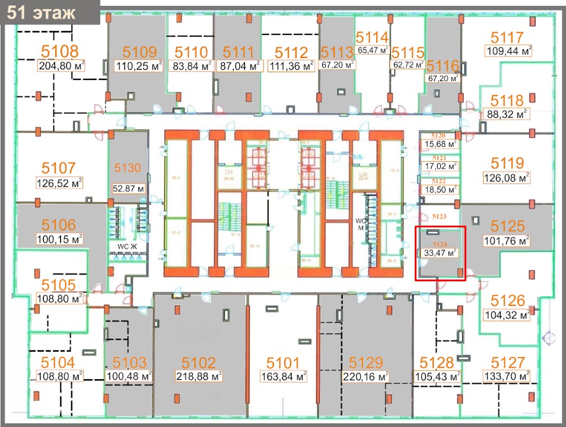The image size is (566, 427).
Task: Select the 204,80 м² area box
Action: click(x=61, y=66)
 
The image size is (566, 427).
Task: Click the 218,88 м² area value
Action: click(x=199, y=375)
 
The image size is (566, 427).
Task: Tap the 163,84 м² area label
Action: click(x=283, y=375)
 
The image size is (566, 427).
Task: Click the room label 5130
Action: click(x=127, y=168)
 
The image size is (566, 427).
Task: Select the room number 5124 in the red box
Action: click(x=440, y=243)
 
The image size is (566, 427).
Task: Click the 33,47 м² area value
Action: click(x=440, y=253)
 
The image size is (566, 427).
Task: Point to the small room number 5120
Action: click(x=439, y=136)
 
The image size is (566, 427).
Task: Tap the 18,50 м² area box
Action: click(x=440, y=190)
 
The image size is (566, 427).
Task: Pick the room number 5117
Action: click(x=507, y=37)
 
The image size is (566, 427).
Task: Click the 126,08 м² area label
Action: click(x=507, y=177)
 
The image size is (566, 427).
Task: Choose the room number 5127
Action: click(x=508, y=362)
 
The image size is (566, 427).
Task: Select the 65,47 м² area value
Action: click(x=372, y=50)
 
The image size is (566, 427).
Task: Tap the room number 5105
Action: click(x=59, y=285)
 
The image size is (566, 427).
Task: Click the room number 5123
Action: click(x=440, y=217)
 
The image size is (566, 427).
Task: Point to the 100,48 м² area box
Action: click(x=129, y=375)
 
